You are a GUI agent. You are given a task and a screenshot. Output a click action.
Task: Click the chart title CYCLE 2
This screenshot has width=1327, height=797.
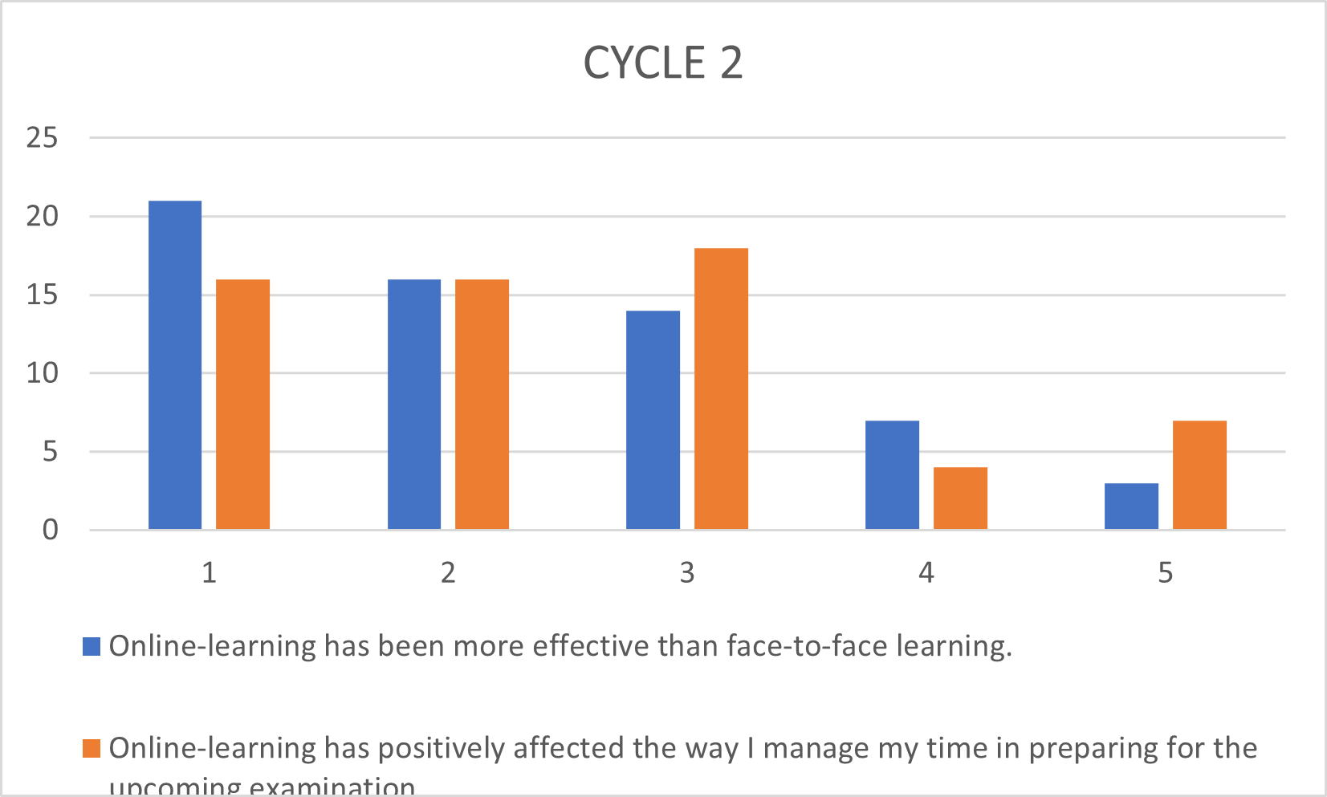(x=662, y=63)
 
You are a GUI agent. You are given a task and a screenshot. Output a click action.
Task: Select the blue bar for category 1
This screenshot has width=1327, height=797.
(x=175, y=365)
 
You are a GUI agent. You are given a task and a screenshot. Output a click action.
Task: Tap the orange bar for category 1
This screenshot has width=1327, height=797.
(x=242, y=405)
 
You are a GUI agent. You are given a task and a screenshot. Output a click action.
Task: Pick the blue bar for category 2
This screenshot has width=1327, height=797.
(x=414, y=405)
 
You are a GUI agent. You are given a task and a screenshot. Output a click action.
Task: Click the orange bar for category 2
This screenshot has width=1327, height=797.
(x=482, y=405)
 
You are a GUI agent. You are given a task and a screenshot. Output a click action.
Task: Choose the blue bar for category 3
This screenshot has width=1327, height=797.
(x=653, y=420)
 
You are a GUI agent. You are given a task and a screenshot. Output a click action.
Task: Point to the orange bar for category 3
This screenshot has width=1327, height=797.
(x=721, y=388)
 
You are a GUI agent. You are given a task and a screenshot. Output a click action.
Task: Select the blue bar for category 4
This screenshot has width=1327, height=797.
(x=892, y=475)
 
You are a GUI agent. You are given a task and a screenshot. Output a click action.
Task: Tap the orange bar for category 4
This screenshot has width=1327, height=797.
(x=960, y=498)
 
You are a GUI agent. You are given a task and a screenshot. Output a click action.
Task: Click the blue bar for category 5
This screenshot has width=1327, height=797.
(x=1131, y=506)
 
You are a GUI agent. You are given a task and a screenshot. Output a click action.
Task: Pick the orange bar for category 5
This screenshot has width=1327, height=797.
(x=1199, y=475)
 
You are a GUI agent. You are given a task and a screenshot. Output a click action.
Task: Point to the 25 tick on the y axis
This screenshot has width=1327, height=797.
(x=42, y=138)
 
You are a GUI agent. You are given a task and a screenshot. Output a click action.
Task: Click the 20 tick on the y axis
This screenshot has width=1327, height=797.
(x=42, y=216)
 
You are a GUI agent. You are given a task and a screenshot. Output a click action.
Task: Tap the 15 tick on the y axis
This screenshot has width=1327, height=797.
(x=42, y=295)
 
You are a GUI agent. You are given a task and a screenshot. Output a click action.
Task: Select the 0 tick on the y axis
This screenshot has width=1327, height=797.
(x=50, y=530)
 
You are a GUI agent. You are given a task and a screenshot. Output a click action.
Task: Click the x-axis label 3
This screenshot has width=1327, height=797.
(x=687, y=573)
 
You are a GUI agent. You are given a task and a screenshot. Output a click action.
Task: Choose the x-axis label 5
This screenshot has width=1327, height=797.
(x=1166, y=573)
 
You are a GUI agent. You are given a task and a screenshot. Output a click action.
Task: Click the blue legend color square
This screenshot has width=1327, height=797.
(x=92, y=646)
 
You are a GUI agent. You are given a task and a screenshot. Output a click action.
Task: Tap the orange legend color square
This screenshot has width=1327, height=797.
(x=92, y=748)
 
